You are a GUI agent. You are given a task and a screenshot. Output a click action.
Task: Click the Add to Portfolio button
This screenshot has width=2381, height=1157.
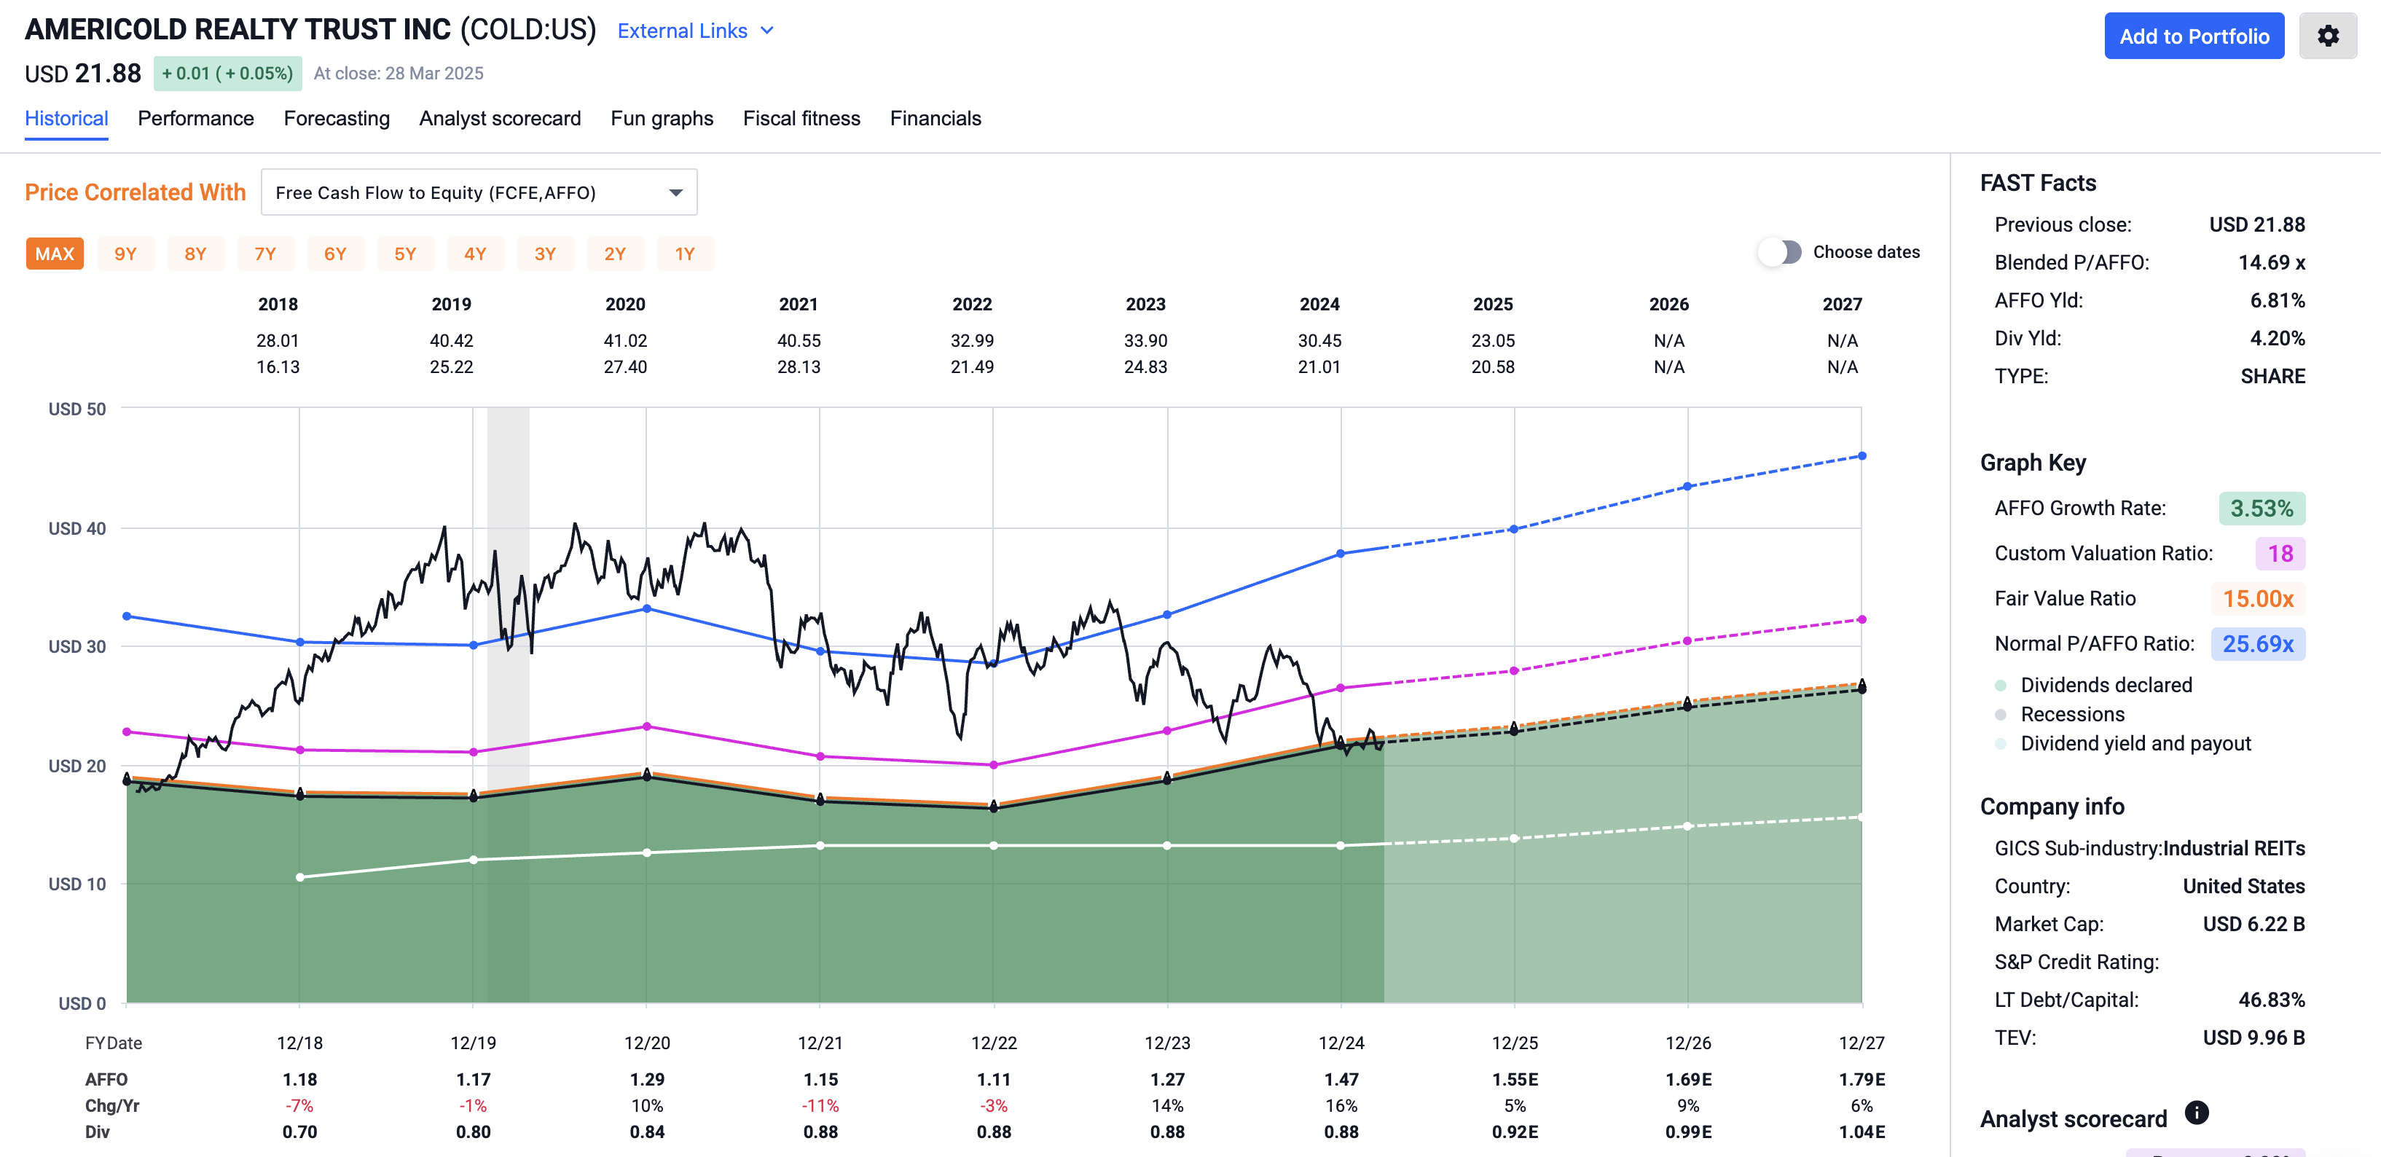(2193, 36)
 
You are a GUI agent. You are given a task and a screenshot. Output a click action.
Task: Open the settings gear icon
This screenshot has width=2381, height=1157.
(2327, 36)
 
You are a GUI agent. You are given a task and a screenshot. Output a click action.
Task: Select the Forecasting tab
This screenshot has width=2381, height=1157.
(337, 118)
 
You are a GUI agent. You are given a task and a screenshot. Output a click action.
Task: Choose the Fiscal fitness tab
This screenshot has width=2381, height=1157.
(801, 118)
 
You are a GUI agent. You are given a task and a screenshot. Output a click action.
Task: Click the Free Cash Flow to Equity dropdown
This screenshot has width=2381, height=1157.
(479, 192)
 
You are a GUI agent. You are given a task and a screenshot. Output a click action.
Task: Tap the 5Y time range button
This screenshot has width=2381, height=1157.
(405, 254)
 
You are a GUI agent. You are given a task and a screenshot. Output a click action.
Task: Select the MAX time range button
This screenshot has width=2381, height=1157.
(55, 254)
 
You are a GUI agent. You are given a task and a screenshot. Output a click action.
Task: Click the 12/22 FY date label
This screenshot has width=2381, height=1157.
(994, 1043)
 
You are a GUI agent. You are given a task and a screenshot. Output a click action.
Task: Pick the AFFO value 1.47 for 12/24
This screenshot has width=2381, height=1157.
(1341, 1079)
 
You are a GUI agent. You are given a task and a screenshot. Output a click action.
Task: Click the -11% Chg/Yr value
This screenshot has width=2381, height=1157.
(820, 1105)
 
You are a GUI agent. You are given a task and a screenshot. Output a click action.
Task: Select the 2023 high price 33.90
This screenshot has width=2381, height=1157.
(1145, 341)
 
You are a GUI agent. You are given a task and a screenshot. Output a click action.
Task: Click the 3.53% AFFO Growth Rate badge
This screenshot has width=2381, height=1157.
(2261, 509)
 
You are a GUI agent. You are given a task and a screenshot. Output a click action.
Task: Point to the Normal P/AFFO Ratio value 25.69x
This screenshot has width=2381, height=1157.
(2257, 644)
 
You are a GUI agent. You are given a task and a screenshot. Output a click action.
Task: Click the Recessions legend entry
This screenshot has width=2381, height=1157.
(2071, 714)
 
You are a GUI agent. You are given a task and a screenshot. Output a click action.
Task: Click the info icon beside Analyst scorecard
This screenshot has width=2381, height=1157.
(2196, 1113)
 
